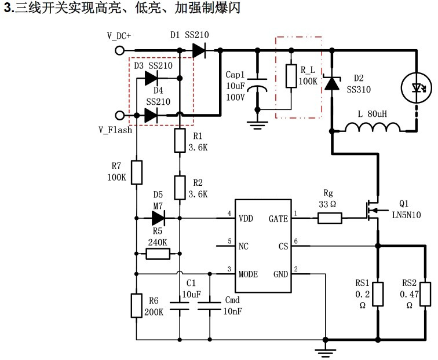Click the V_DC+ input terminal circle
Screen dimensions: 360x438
tap(120, 50)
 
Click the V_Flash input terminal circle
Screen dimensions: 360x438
tap(120, 116)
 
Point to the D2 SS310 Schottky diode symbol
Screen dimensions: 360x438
tap(332, 85)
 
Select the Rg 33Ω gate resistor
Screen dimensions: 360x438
tap(329, 218)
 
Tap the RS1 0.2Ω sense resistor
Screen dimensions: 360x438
tap(378, 293)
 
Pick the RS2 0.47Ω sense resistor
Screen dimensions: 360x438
tap(426, 293)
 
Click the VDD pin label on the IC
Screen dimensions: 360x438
tap(246, 218)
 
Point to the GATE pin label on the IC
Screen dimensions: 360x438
tap(278, 218)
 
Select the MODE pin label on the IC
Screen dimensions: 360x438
tap(249, 274)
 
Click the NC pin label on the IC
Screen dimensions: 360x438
tap(243, 245)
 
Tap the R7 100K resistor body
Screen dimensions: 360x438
tap(136, 172)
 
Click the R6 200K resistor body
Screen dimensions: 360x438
tap(136, 305)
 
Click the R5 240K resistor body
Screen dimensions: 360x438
tap(158, 254)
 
